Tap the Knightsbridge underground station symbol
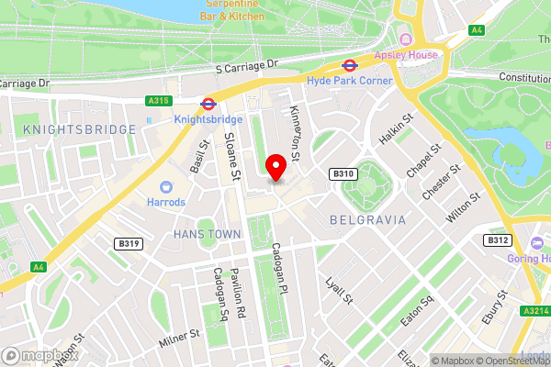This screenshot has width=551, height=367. point(208,104)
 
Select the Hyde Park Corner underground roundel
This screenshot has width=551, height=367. point(349,66)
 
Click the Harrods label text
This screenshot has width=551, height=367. point(165,202)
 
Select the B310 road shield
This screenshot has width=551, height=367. point(342,173)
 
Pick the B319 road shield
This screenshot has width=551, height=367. point(129,243)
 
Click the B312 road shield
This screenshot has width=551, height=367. point(497,239)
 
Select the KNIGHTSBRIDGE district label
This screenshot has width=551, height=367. point(80,129)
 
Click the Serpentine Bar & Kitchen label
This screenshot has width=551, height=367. point(231,10)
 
